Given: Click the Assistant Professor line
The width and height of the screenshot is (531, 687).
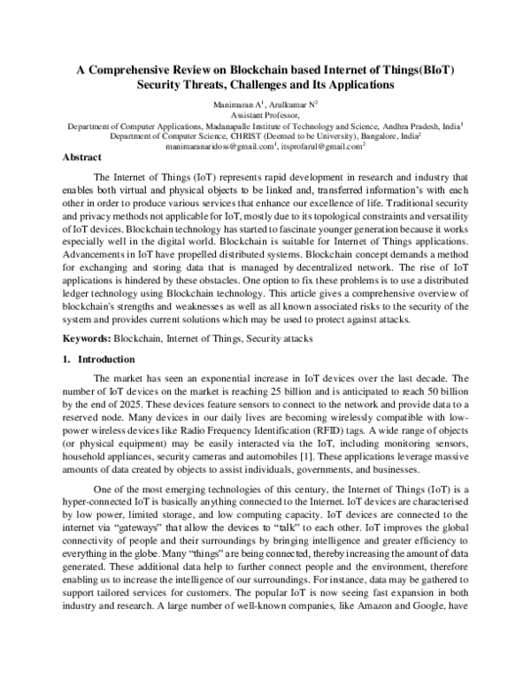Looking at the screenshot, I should tap(265, 116).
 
